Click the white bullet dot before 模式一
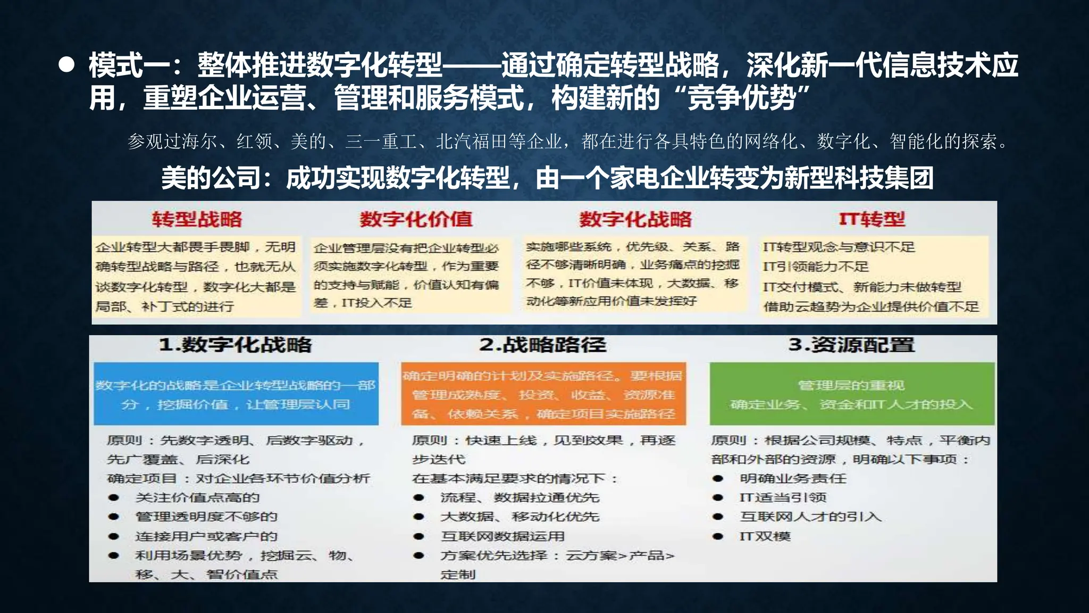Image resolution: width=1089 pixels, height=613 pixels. pyautogui.click(x=66, y=65)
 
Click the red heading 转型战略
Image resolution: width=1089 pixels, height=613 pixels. pyautogui.click(x=197, y=219)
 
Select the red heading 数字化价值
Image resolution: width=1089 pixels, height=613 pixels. pyautogui.click(x=416, y=219)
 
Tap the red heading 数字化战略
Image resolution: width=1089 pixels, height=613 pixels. pyautogui.click(x=635, y=219)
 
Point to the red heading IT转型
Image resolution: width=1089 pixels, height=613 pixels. pyautogui.click(x=872, y=219)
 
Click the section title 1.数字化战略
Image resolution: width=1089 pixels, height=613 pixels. pyautogui.click(x=236, y=345)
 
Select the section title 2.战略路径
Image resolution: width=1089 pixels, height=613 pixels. pyautogui.click(x=542, y=345)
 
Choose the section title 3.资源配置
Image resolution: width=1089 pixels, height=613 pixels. pyautogui.click(x=851, y=345)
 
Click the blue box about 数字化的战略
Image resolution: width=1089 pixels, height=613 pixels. pyautogui.click(x=236, y=394)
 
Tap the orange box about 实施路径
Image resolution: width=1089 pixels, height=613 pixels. pyautogui.click(x=543, y=394)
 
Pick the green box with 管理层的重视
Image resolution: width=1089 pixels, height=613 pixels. pyautogui.click(x=851, y=394)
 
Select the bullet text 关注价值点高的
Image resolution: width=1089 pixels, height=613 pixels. pyautogui.click(x=197, y=498)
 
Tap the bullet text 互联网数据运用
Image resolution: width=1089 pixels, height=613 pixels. pyautogui.click(x=502, y=536)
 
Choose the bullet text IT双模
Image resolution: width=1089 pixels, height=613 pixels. pyautogui.click(x=765, y=536)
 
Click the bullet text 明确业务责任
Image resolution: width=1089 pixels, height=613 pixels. pyautogui.click(x=792, y=478)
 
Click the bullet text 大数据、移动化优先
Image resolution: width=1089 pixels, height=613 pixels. pyautogui.click(x=520, y=517)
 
